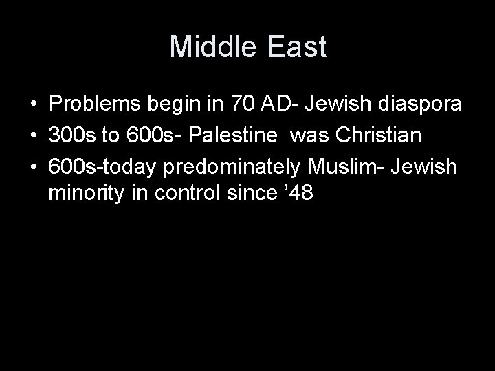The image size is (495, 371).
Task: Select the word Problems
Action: click(x=93, y=106)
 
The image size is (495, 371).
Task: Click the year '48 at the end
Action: click(x=300, y=194)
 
